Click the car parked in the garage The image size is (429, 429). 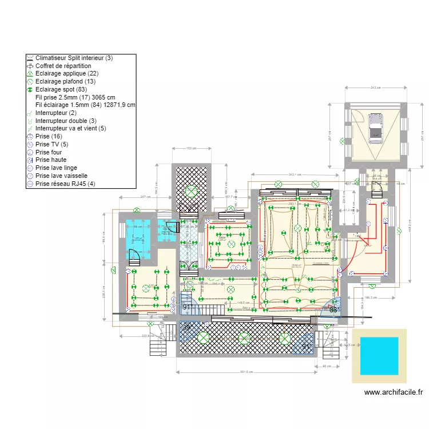point(375,128)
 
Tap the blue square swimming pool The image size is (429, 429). point(379,356)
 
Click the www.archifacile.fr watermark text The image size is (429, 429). point(394,392)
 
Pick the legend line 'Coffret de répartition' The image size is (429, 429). point(63,66)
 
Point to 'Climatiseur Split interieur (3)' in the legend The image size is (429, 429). point(74,58)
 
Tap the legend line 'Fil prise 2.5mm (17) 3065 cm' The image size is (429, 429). point(75,97)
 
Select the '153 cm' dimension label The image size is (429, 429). point(192,149)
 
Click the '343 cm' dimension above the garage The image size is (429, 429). point(375,88)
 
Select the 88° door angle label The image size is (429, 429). point(333,309)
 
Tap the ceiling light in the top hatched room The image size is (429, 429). point(192,190)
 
